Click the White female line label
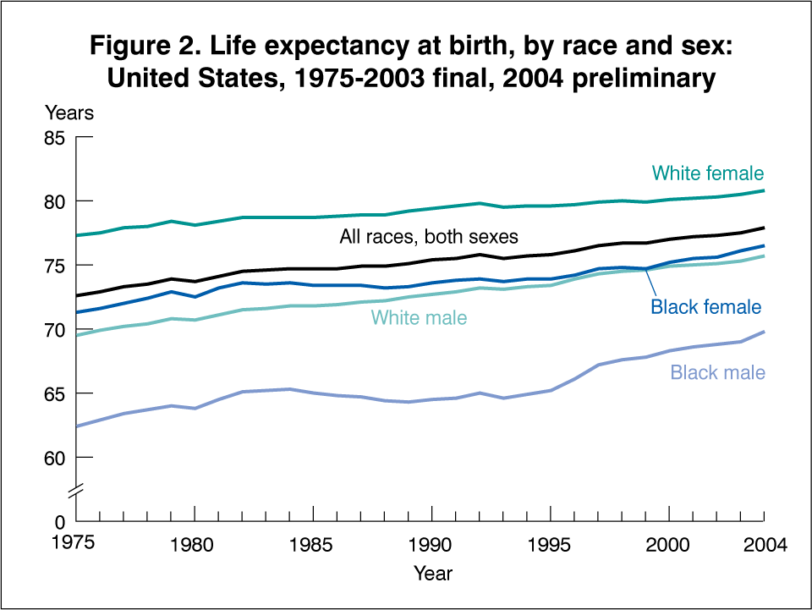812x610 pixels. [707, 173]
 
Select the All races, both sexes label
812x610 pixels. [428, 237]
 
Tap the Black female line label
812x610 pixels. [705, 307]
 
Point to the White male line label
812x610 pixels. [419, 318]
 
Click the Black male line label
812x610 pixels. [717, 372]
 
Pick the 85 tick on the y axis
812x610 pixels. [54, 137]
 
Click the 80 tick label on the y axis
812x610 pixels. [54, 201]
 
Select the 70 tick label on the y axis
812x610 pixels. [54, 329]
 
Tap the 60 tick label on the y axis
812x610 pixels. [54, 458]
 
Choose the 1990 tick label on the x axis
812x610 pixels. [431, 545]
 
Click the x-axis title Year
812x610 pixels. [433, 574]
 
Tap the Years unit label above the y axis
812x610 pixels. [69, 112]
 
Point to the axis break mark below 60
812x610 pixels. [76, 489]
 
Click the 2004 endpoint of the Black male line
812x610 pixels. [764, 332]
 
